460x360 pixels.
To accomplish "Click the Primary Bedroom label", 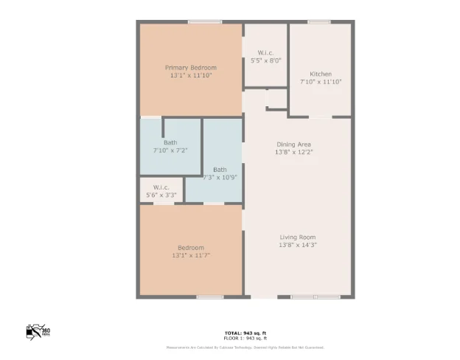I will tap(190, 68).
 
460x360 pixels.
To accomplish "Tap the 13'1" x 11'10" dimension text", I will tap(190, 75).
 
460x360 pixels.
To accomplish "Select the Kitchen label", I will tap(320, 74).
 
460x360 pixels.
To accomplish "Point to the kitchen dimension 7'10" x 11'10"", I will tap(320, 81).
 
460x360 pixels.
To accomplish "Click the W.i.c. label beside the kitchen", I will tap(265, 52).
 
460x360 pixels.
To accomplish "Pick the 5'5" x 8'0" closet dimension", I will tap(265, 60).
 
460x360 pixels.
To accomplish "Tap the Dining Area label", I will tap(293, 145).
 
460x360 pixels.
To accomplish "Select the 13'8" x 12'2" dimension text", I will tap(293, 152).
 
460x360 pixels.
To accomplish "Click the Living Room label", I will tap(297, 237).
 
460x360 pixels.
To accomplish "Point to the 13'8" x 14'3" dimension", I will tap(297, 244).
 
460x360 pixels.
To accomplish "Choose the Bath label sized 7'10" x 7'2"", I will tap(170, 142).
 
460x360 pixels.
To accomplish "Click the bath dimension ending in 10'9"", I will tap(220, 177).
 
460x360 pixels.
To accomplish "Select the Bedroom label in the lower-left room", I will tap(190, 247).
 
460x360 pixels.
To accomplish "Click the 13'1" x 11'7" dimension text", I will tap(190, 255).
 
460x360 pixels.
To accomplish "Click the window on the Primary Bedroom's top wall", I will tap(205, 22).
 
